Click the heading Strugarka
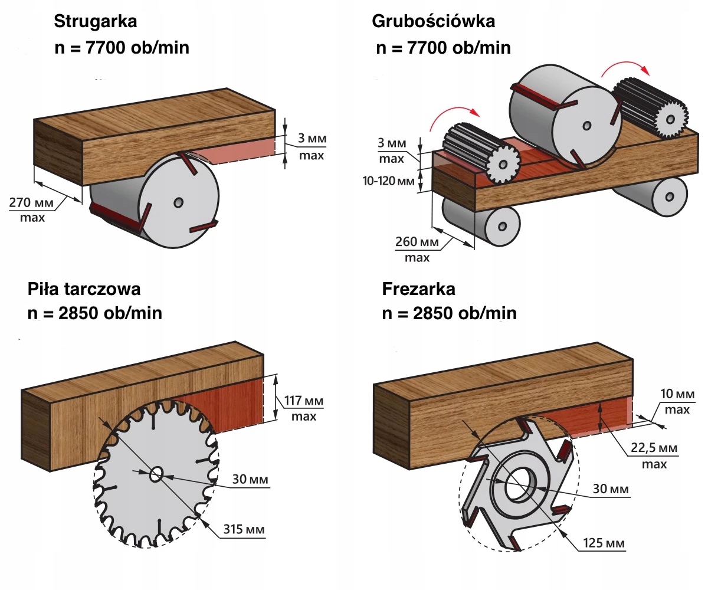(x=95, y=22)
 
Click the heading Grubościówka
(x=433, y=22)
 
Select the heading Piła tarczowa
(x=84, y=289)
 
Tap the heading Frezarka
(x=418, y=289)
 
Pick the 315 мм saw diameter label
(x=244, y=529)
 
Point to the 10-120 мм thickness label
(x=388, y=181)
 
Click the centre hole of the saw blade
(x=158, y=474)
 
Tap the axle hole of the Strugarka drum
(x=178, y=202)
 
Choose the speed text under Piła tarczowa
(x=95, y=313)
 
